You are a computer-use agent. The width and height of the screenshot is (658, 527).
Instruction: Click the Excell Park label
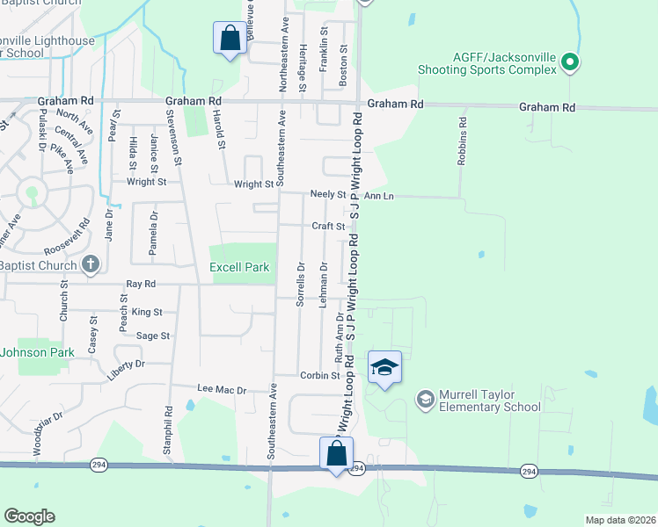pos(238,267)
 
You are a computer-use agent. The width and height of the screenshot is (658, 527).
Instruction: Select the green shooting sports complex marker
pos(569,61)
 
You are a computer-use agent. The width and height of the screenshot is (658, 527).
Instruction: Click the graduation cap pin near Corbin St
pos(384,367)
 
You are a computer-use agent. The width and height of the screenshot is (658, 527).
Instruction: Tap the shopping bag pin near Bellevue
pos(229,38)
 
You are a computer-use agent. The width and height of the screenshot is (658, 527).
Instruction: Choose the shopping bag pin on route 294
pos(336,453)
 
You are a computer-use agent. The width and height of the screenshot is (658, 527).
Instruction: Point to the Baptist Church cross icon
pos(90,263)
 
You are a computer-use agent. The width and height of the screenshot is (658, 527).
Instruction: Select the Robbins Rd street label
pos(461,141)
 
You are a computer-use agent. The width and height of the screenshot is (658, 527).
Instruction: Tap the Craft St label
pos(328,226)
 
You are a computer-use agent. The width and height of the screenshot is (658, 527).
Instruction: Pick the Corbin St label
pos(319,375)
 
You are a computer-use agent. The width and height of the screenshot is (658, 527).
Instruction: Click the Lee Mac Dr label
pos(221,387)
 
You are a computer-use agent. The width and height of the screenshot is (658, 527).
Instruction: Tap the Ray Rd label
pos(141,284)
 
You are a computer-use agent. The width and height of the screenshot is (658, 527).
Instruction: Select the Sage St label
pos(152,336)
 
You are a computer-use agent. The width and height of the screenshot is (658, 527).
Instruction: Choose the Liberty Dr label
pos(127,364)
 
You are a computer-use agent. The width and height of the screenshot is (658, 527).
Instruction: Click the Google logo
pos(29,516)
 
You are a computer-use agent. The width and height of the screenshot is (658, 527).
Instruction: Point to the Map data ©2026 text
pos(619,520)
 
